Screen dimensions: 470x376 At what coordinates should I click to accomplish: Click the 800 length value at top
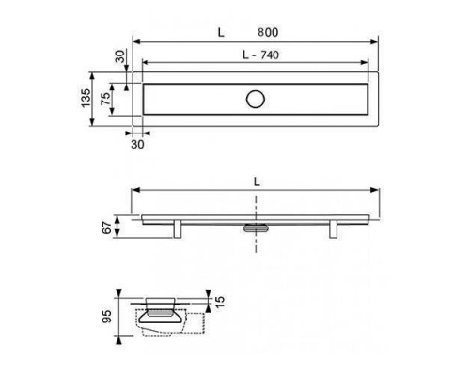[x=268, y=32]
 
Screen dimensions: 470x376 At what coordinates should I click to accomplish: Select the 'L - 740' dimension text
[x=260, y=55]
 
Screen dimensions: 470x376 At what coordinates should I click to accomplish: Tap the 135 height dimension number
[x=86, y=99]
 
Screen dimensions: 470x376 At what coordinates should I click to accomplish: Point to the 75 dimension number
[x=106, y=99]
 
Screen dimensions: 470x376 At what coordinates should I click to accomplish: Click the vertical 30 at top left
[x=119, y=56]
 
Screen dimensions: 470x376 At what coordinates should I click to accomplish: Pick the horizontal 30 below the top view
[x=137, y=145]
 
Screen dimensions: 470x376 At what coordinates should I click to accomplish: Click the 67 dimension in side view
[x=106, y=227]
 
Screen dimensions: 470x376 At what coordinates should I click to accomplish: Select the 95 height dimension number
[x=106, y=317]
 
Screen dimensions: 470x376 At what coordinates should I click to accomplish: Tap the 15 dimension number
[x=220, y=302]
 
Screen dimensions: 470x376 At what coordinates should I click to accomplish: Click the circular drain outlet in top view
[x=256, y=99]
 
